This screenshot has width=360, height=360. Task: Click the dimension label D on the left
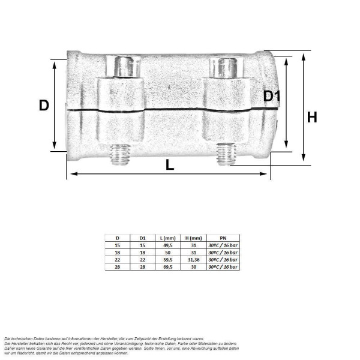[44, 106]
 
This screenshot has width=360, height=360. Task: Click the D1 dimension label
[273, 96]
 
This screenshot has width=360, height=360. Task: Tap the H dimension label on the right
[312, 117]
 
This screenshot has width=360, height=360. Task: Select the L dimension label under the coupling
[170, 165]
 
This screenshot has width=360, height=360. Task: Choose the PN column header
[223, 239]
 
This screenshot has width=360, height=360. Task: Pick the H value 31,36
[193, 260]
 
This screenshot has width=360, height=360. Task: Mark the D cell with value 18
[117, 253]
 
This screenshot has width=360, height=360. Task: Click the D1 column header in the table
[142, 239]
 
